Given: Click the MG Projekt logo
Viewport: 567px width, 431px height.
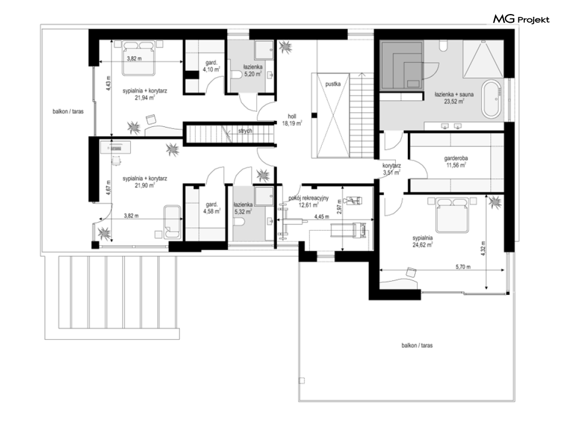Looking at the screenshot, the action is [x=521, y=19].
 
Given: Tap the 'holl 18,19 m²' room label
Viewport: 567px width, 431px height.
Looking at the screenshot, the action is [x=292, y=120].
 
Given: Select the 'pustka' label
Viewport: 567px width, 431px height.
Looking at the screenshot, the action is [x=333, y=84].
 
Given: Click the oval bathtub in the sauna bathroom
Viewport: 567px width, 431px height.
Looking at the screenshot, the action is [x=491, y=99].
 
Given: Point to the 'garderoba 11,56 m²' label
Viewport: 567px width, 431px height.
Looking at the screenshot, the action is [x=456, y=161].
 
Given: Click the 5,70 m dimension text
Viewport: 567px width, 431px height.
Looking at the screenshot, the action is [x=463, y=267].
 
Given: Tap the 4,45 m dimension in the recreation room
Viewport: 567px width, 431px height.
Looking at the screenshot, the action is [x=321, y=217].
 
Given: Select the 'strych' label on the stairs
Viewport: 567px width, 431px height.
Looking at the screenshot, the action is [x=245, y=131].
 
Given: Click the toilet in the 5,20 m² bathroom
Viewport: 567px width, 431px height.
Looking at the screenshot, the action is [x=236, y=75].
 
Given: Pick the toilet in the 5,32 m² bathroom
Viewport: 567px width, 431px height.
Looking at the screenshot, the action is [x=239, y=222].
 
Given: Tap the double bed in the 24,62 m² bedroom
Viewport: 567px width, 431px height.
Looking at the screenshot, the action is [x=452, y=215].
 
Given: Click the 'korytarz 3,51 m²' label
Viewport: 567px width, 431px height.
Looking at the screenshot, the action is [x=391, y=169].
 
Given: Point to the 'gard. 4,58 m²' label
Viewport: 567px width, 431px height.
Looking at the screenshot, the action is [x=212, y=208].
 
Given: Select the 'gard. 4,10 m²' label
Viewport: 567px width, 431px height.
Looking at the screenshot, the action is [x=212, y=66].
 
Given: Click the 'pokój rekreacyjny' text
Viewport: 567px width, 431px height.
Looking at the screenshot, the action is [x=308, y=198].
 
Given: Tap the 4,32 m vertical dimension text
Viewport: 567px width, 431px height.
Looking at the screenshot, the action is [x=483, y=249].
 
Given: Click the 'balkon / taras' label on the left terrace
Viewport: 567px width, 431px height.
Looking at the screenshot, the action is [x=68, y=112].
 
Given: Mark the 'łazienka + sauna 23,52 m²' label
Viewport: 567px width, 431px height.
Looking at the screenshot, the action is [x=454, y=98].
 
